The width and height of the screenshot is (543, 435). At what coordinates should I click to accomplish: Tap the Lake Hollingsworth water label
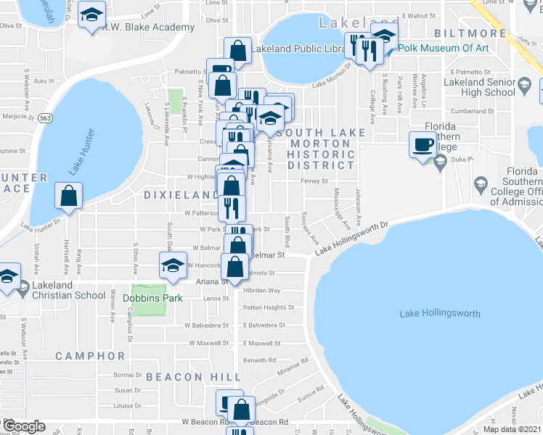[440, 313]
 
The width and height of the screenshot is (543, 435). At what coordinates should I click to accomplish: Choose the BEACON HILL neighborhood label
[193, 377]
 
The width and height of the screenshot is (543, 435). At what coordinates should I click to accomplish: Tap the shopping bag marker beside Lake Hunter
[68, 196]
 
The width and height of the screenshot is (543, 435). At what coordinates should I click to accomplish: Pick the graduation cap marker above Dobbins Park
[173, 265]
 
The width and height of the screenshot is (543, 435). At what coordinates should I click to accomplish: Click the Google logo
[24, 426]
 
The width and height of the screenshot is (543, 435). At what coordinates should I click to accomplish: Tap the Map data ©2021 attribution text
[512, 429]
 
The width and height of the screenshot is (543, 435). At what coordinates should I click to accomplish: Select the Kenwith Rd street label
[260, 360]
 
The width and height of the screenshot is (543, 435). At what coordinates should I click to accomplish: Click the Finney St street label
[314, 182]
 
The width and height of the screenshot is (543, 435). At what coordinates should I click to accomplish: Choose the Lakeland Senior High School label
[480, 87]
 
